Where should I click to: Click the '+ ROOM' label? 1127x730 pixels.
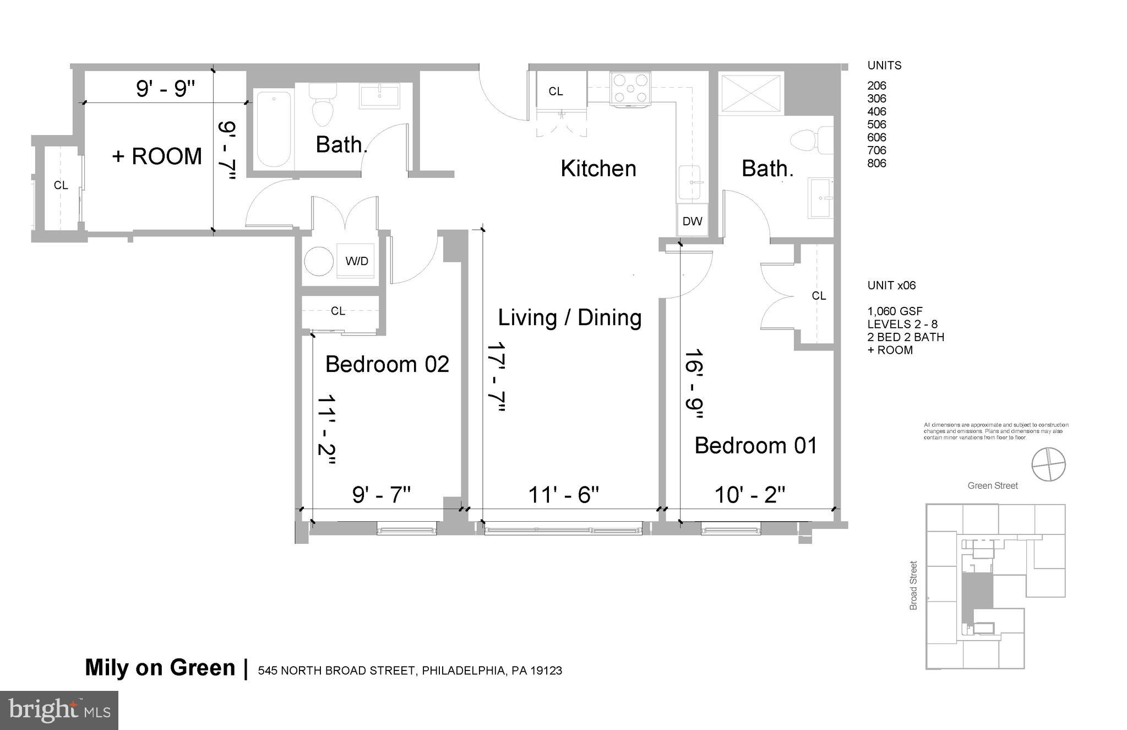point(157,156)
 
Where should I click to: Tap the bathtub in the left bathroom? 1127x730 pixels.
point(274,129)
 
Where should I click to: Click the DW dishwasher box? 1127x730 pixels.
point(692,221)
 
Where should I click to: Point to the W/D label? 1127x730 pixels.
point(356,261)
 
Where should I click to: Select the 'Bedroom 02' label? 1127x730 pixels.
point(387,364)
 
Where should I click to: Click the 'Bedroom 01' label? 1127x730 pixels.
point(755,445)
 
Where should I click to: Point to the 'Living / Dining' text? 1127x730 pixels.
point(570,318)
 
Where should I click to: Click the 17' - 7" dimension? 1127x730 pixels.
point(496,377)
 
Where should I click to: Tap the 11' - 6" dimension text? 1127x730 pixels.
point(563,495)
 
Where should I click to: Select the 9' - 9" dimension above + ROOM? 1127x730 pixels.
point(166,88)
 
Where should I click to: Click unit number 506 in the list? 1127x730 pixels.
point(876,125)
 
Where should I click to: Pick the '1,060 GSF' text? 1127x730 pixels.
point(895,311)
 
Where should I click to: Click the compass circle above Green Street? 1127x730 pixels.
point(1048,464)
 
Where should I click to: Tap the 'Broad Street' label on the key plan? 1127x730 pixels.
point(913,585)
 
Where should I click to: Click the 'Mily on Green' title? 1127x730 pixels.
point(160,668)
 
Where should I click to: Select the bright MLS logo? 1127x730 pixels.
point(59,711)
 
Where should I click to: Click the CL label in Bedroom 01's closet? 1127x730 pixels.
point(819,296)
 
